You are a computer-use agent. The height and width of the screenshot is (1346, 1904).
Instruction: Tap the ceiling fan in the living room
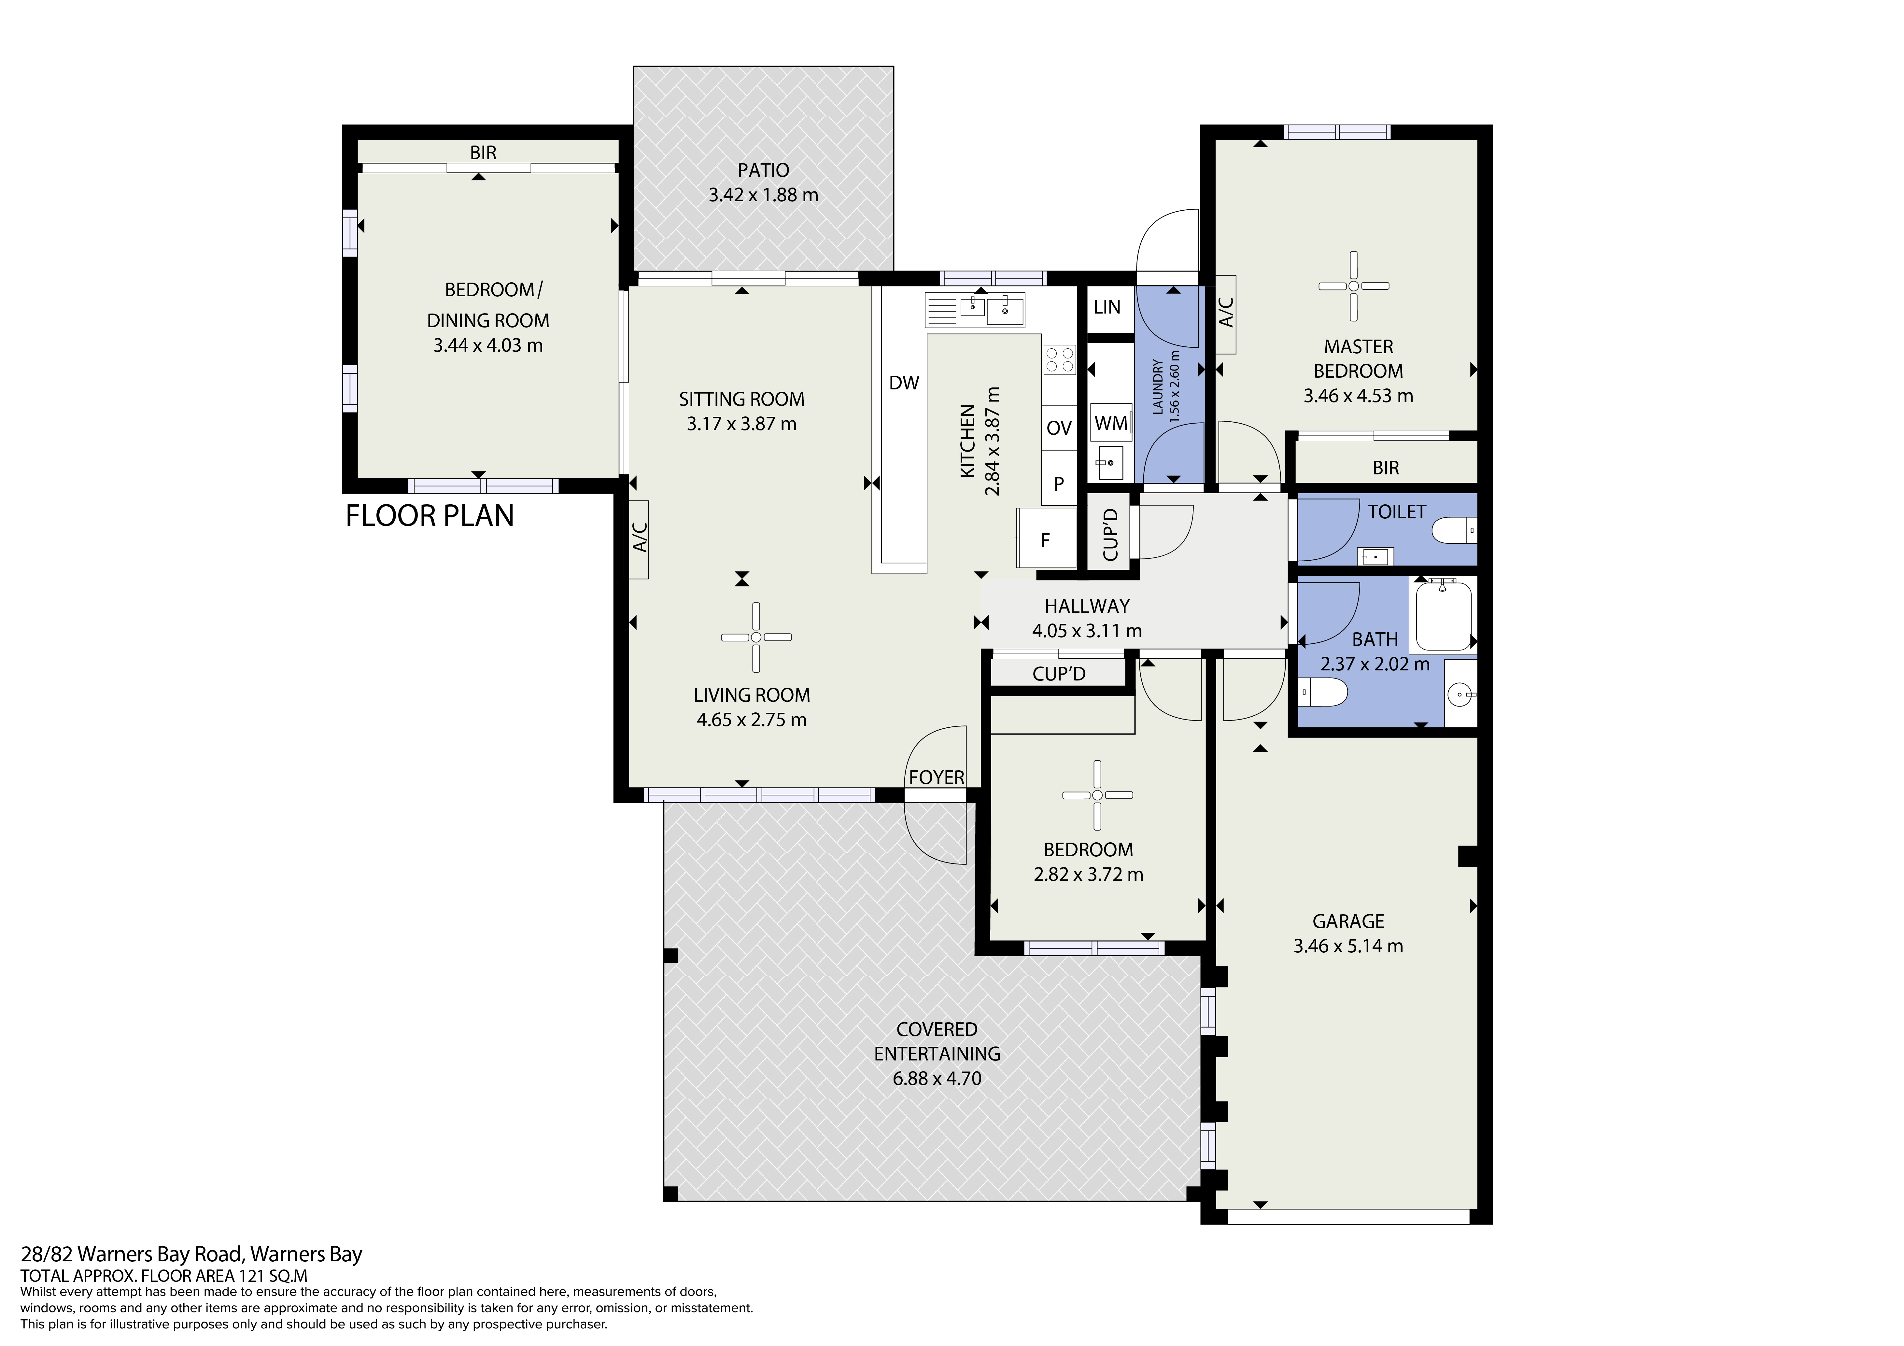755,637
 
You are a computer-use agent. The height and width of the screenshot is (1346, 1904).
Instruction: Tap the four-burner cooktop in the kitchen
1059,360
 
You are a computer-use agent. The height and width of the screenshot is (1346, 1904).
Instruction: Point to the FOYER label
936,777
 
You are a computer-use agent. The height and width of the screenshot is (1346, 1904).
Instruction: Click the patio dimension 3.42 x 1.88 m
763,195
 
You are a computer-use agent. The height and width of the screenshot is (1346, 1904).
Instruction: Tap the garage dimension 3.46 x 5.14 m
1347,946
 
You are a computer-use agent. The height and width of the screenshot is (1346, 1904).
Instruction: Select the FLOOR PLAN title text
430,516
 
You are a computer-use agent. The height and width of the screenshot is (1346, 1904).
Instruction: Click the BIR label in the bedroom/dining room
483,153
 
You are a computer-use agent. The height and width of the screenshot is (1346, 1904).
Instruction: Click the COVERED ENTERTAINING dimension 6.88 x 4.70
936,1078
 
